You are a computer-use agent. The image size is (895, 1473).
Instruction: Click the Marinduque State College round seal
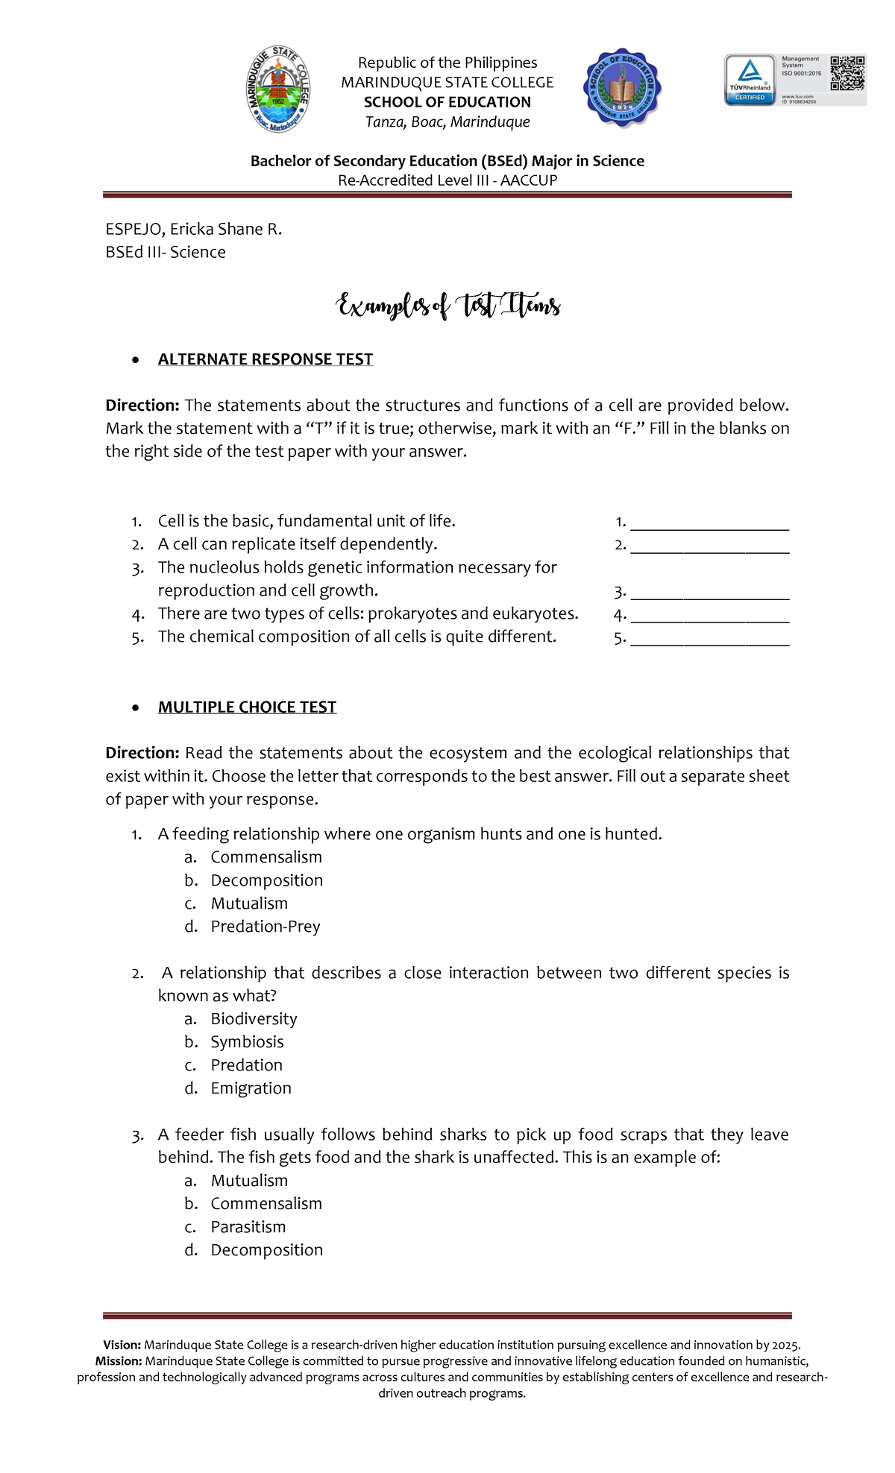point(278,89)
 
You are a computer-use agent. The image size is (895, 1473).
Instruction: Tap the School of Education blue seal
point(622,89)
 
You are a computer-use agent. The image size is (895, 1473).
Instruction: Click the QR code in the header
point(847,73)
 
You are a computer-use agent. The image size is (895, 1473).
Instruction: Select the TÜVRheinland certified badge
point(750,79)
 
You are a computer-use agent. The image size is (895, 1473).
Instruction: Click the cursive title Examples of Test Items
point(447,306)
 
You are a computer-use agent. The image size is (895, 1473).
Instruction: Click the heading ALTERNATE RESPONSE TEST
point(265,359)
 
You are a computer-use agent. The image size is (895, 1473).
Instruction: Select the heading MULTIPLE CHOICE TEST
point(247,707)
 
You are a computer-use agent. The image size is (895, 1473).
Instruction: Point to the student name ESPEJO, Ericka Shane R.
point(194,229)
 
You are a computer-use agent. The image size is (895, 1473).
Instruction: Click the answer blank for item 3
point(709,593)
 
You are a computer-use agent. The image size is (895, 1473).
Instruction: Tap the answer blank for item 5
point(709,640)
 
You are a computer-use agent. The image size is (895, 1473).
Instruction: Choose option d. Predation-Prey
point(265,927)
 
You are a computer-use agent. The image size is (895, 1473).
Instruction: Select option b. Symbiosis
point(247,1042)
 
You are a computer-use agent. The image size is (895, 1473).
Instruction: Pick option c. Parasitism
point(248,1227)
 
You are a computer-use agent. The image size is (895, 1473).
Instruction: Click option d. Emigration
point(251,1088)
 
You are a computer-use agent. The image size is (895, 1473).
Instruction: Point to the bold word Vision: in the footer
point(122,1345)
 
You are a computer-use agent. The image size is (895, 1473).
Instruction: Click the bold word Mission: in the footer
point(119,1361)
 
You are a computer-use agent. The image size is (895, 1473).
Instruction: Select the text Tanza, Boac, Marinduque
point(447,122)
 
